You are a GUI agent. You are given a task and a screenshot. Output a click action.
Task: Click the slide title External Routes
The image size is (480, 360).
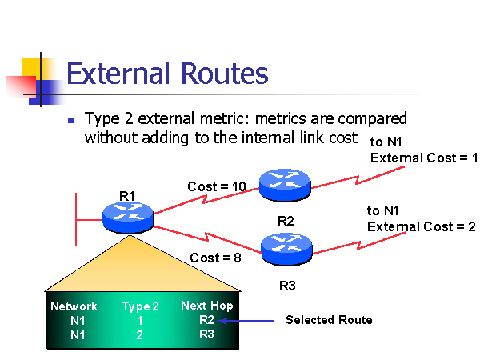[167, 74]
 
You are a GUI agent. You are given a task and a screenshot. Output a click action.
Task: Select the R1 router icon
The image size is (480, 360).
[128, 214]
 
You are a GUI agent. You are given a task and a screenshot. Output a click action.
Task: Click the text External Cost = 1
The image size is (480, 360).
[423, 158]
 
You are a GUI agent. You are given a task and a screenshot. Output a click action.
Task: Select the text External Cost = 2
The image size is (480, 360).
[421, 226]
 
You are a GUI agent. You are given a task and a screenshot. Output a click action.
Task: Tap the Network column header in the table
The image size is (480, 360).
[74, 306]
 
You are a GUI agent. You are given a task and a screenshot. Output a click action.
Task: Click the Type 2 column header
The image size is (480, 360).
[140, 306]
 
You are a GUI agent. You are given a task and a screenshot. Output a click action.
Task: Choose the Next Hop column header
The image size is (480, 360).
[207, 306]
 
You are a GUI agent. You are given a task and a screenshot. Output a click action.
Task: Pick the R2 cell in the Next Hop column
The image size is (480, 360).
[207, 320]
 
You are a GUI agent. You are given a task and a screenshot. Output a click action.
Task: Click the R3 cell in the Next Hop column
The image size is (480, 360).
[207, 334]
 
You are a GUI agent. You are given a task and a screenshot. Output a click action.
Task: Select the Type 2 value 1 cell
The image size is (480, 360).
[140, 320]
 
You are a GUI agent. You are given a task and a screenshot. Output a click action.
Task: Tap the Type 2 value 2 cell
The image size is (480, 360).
[140, 334]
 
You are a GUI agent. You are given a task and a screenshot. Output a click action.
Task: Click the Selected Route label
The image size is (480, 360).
[329, 320]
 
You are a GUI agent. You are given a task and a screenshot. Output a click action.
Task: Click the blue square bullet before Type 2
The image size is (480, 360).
[70, 120]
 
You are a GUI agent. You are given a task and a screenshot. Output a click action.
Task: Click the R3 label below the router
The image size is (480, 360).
[288, 284]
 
